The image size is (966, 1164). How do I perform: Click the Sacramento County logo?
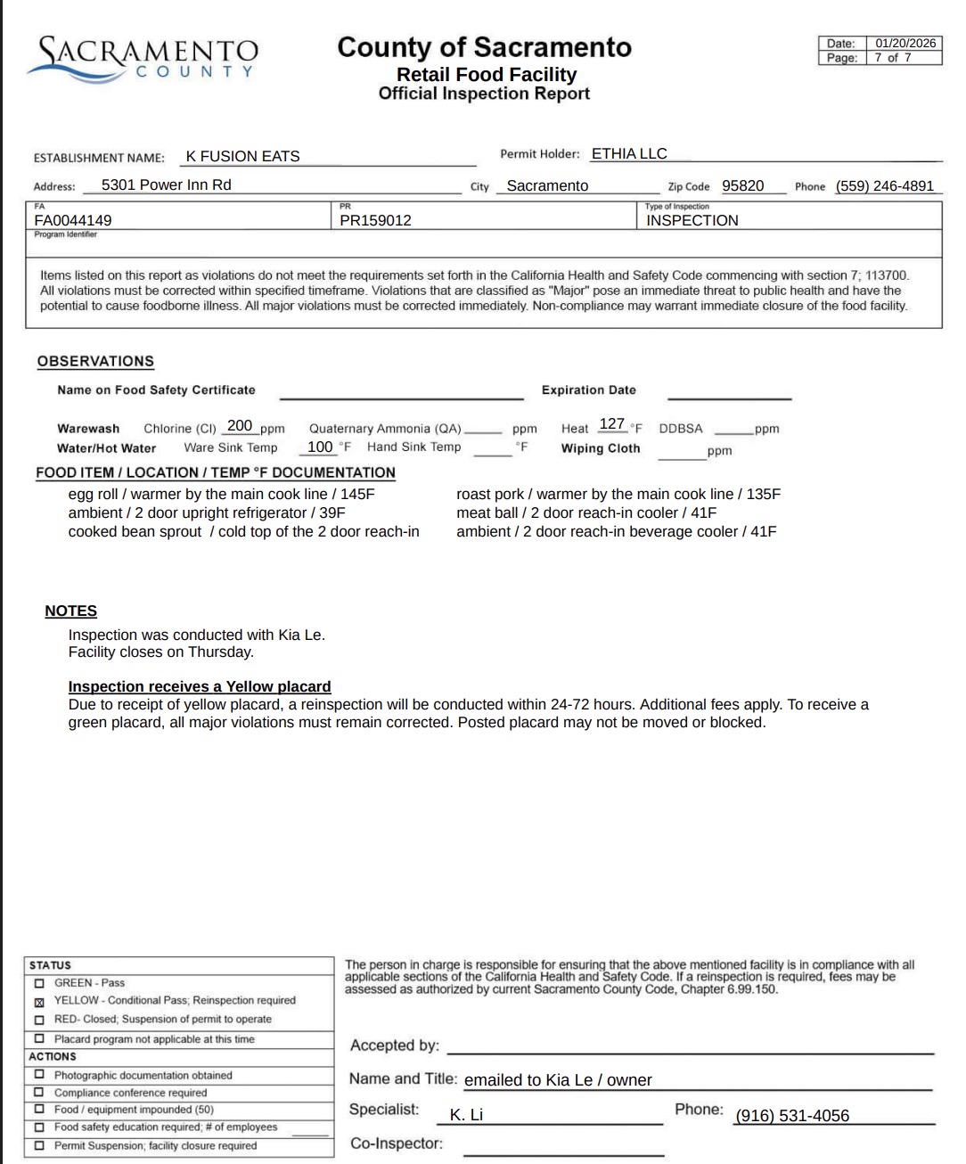pyautogui.click(x=143, y=59)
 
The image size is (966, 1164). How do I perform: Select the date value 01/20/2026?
pyautogui.click(x=905, y=43)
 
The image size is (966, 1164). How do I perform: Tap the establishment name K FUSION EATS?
pyautogui.click(x=242, y=156)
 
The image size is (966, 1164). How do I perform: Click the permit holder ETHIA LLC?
pyautogui.click(x=629, y=153)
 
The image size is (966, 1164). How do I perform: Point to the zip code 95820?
pyautogui.click(x=742, y=185)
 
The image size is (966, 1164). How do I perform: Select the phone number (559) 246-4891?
pyautogui.click(x=884, y=185)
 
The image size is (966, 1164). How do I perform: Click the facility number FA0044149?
pyautogui.click(x=73, y=220)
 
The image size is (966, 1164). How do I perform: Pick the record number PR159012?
pyautogui.click(x=375, y=220)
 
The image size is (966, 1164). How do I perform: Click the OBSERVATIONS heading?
pyautogui.click(x=95, y=361)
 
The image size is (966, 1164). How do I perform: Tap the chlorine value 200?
pyautogui.click(x=240, y=426)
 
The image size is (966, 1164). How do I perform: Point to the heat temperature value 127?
pyautogui.click(x=612, y=424)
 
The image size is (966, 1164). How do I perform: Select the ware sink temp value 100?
pyautogui.click(x=320, y=447)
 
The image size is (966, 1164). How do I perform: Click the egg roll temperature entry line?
pyautogui.click(x=221, y=494)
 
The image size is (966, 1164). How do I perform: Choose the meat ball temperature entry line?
pyautogui.click(x=585, y=512)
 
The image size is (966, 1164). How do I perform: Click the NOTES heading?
pyautogui.click(x=71, y=611)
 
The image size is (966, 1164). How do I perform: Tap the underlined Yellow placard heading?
pyautogui.click(x=200, y=686)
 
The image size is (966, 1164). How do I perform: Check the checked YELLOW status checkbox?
pyautogui.click(x=39, y=1001)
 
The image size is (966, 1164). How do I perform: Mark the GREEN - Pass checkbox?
pyautogui.click(x=39, y=983)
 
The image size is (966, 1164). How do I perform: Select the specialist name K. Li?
pyautogui.click(x=466, y=1115)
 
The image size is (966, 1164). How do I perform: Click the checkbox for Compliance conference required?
pyautogui.click(x=39, y=1093)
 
